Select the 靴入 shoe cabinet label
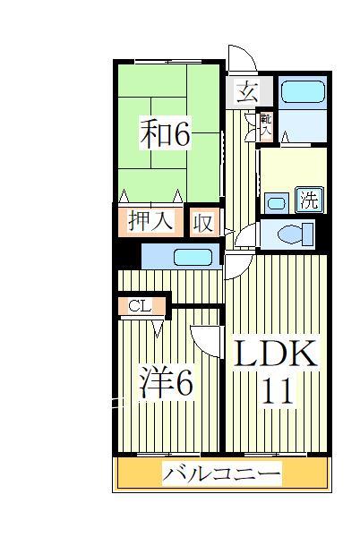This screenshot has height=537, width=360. tap(266, 124)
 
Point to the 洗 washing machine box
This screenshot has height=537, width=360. tap(308, 200)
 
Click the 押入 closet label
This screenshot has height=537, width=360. tap(150, 220)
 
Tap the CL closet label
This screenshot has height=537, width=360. tap(140, 306)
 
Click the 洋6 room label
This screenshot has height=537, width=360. tap(166, 383)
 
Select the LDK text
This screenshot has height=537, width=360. tap(276, 354)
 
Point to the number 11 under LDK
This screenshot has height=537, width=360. tap(277, 391)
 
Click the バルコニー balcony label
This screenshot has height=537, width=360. tap(221, 473)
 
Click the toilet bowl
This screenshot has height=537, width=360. tap(293, 234)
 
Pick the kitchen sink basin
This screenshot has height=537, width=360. tap(193, 258)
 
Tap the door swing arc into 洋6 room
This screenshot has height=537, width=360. tap(204, 338)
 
